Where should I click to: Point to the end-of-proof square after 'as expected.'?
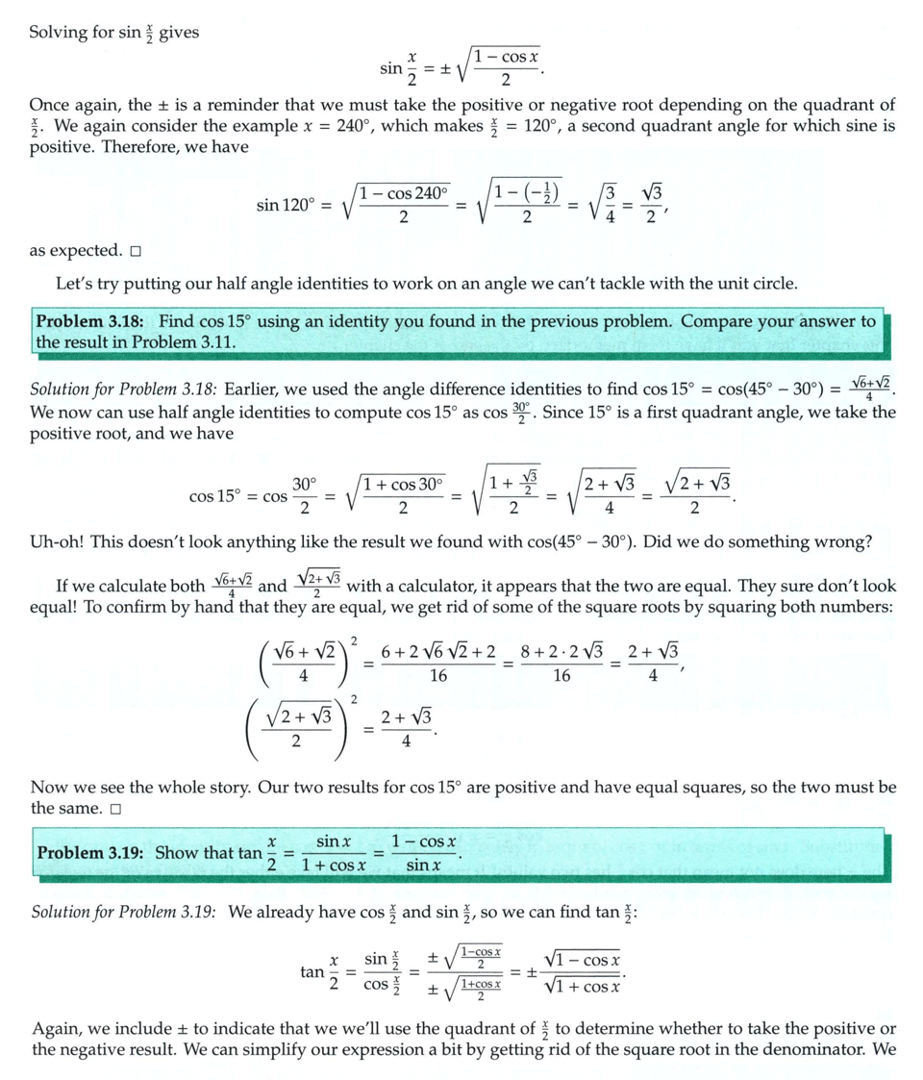(x=136, y=252)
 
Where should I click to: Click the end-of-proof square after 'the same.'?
(x=115, y=809)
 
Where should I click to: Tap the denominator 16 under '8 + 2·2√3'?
(x=561, y=676)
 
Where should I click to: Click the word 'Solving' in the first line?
(x=60, y=32)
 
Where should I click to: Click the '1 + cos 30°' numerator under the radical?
(x=403, y=484)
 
